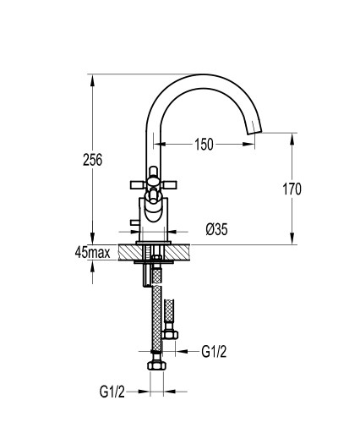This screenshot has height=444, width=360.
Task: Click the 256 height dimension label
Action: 93,160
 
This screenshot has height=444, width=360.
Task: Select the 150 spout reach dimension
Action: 204,145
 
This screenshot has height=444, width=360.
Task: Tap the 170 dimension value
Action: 292,189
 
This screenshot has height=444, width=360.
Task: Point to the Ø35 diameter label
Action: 216,229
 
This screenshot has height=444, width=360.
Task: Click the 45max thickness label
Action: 93,252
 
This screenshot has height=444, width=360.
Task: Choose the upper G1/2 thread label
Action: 214,352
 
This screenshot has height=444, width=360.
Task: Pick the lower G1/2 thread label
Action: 112,392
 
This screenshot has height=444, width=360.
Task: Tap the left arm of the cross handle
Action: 138,185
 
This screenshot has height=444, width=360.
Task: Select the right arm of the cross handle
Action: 169,185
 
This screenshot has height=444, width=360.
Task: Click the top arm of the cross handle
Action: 154,172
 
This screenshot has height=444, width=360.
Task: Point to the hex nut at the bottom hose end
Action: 156,365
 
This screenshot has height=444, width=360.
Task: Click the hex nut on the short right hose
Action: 170,335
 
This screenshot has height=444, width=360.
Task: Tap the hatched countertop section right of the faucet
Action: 177,252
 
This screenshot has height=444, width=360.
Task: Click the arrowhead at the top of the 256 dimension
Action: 93,81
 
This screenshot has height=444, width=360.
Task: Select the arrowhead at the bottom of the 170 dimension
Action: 292,238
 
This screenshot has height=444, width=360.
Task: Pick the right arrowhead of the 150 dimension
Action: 248,145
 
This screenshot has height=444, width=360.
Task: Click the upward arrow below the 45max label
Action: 93,267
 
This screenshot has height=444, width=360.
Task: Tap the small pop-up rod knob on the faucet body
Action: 134,223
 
